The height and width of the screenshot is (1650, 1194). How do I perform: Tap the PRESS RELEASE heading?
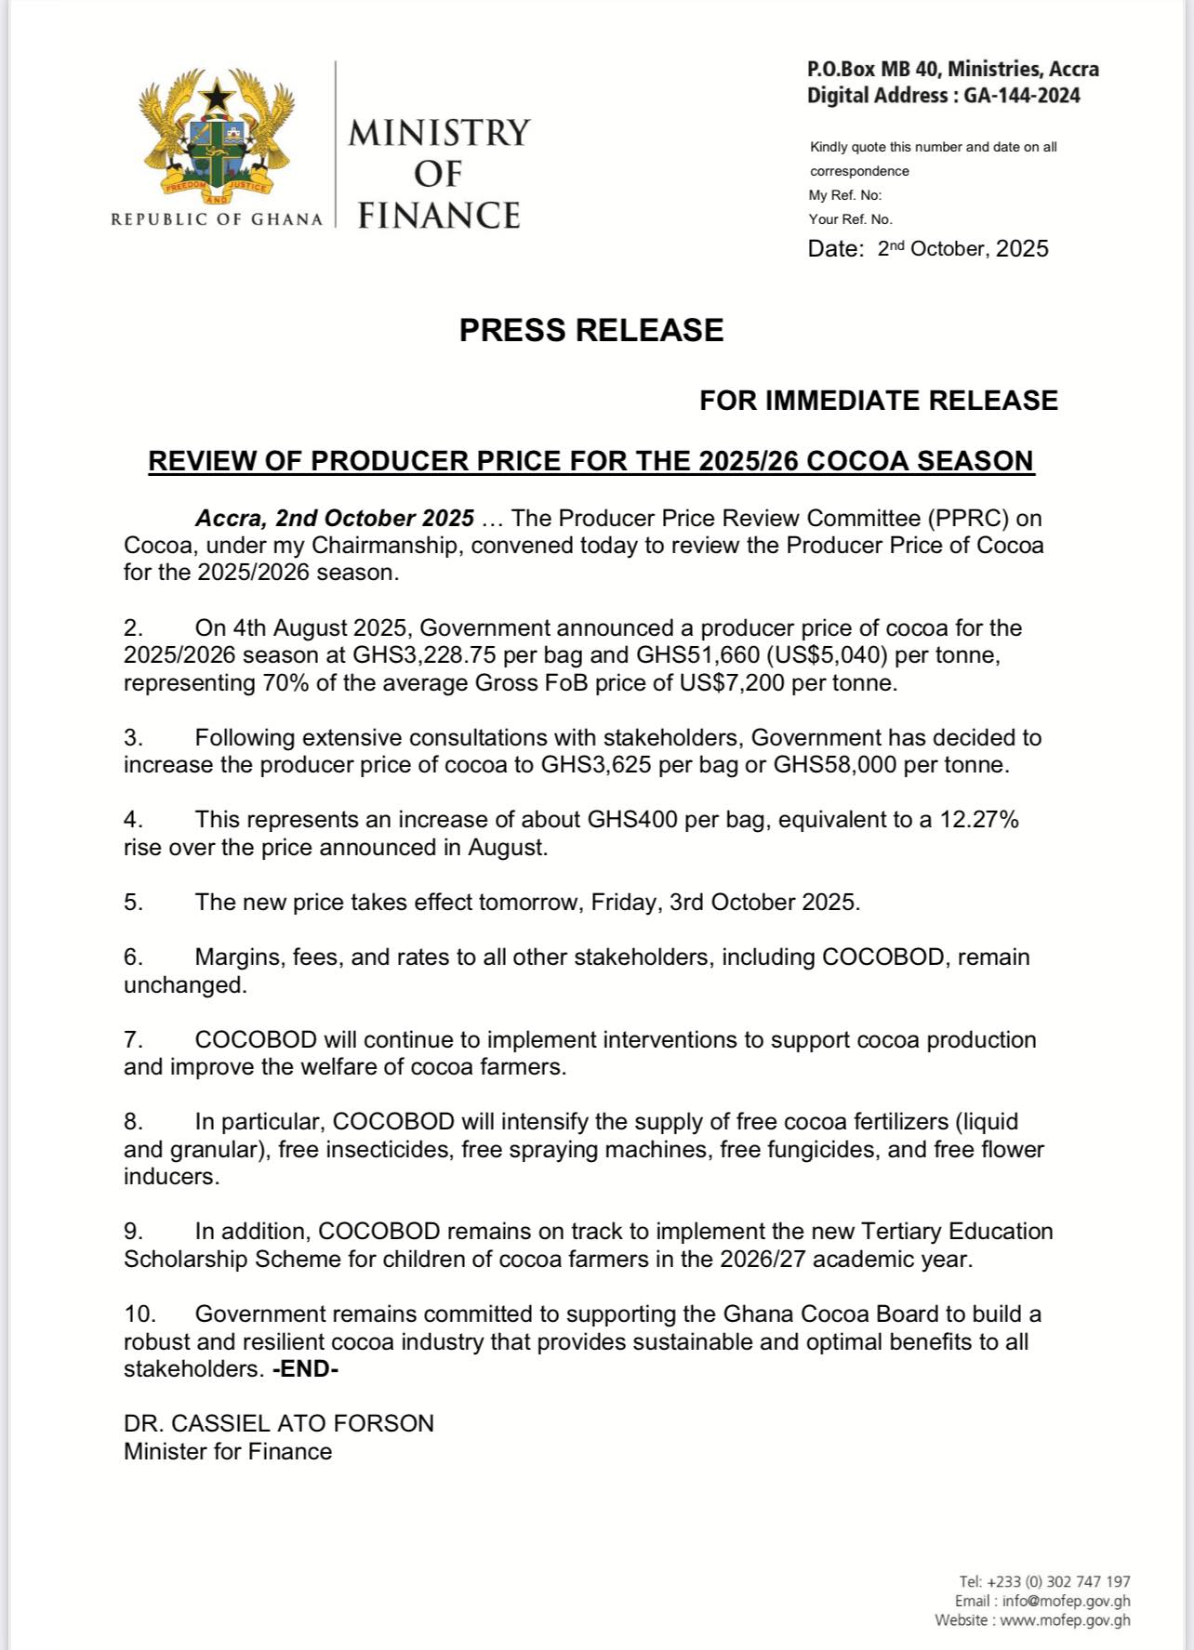coord(591,331)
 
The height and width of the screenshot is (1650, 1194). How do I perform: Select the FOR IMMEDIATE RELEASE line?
coord(878,401)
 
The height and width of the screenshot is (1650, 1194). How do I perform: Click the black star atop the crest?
coord(218,95)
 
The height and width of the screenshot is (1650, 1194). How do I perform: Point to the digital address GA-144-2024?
coord(1018,96)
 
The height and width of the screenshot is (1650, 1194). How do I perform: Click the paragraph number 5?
coord(133,903)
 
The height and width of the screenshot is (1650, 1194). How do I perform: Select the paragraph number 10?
coord(139,1314)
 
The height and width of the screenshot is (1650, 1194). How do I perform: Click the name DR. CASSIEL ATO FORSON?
coord(279,1424)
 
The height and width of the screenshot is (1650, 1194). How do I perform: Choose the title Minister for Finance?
coord(228,1452)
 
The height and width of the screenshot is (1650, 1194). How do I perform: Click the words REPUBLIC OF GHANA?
coord(217,219)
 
